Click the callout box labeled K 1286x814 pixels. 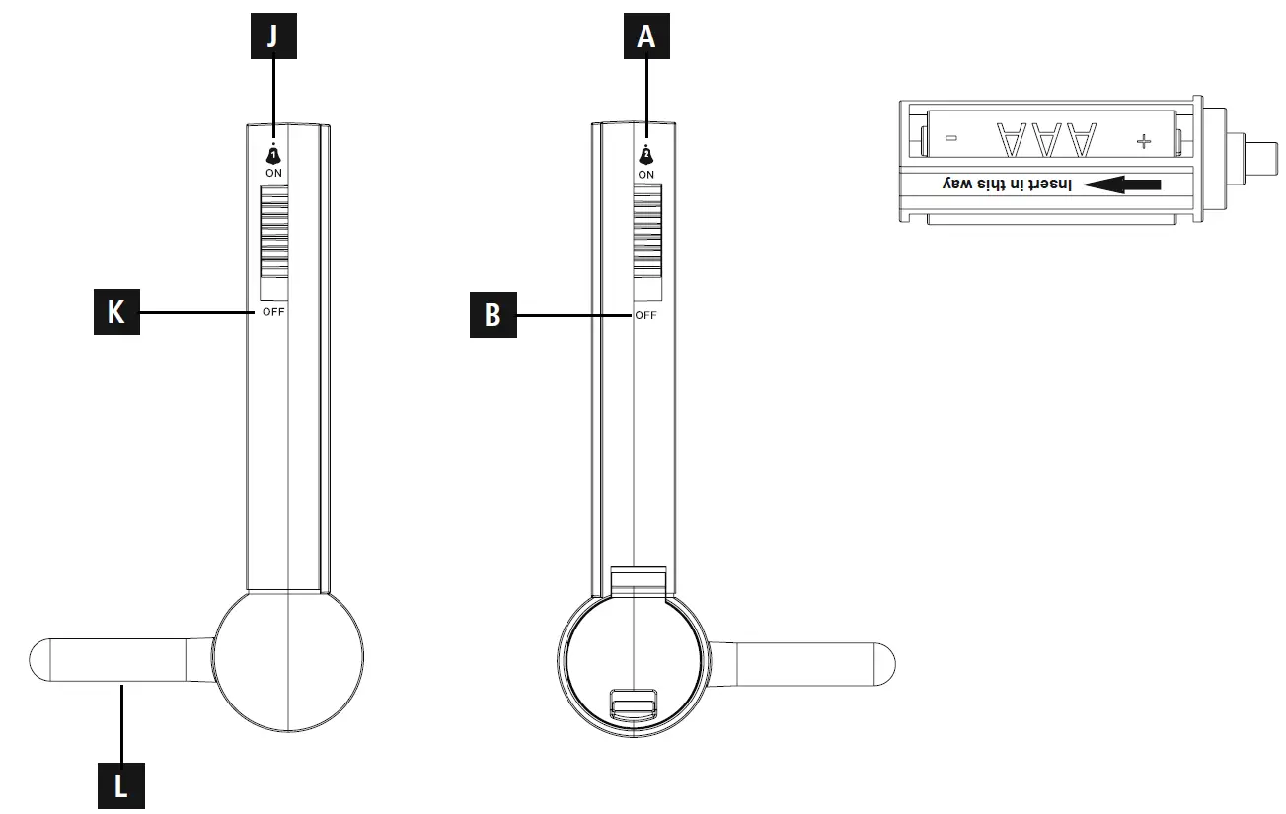[116, 313]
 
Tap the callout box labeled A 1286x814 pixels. [645, 37]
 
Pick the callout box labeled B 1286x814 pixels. [492, 315]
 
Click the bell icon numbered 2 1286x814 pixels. [646, 155]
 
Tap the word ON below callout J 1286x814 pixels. [274, 173]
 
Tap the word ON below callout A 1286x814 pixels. [646, 174]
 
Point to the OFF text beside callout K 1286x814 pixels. [274, 313]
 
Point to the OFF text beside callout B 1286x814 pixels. [646, 315]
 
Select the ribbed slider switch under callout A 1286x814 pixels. [646, 235]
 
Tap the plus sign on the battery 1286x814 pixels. [1143, 141]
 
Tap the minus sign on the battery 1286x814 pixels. [949, 140]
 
